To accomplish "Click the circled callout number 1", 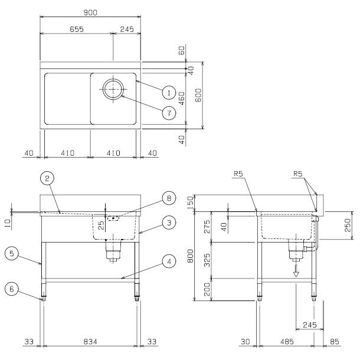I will [x=168, y=92].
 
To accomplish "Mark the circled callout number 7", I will [x=168, y=112].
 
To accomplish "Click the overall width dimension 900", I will [x=90, y=11].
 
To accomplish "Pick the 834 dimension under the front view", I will [x=90, y=341].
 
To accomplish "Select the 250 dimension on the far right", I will [x=348, y=225].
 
